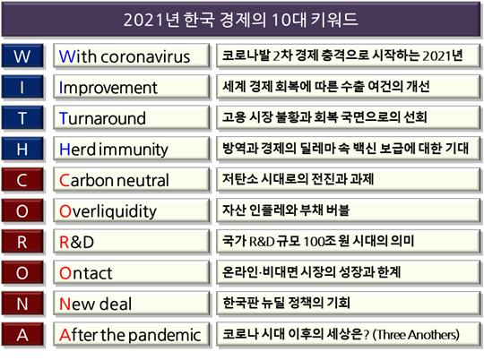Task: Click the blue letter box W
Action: (22, 56)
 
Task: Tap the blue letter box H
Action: (22, 149)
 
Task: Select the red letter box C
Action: (22, 180)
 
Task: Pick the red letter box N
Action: (22, 304)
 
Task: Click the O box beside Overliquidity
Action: (22, 211)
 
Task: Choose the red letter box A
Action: (22, 335)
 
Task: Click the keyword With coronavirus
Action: (125, 56)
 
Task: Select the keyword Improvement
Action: (108, 88)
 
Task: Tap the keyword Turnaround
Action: (102, 118)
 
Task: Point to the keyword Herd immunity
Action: (114, 150)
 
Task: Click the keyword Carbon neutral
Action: (114, 181)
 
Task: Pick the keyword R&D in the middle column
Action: (76, 242)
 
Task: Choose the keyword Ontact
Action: (85, 273)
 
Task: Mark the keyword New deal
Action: (95, 304)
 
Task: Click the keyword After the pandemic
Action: (130, 335)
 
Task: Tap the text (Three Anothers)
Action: (416, 335)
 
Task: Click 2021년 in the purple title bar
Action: (150, 20)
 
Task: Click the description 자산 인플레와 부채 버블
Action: (286, 210)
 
